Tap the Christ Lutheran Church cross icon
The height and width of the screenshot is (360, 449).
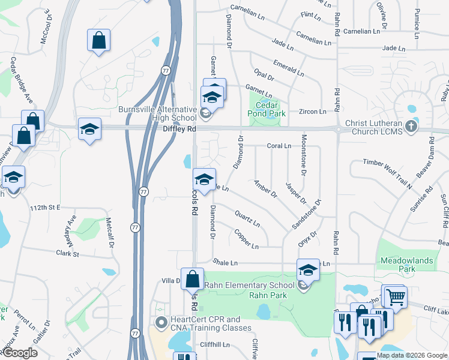(411, 126)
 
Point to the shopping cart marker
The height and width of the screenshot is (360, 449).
(395, 296)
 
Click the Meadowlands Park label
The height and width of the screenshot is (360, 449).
(406, 265)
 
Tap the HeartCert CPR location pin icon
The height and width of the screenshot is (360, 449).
(161, 323)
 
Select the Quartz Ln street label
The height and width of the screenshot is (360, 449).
(247, 219)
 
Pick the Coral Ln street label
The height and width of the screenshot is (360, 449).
(279, 146)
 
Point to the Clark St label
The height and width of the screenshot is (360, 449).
(67, 254)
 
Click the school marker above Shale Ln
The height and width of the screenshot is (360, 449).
(308, 269)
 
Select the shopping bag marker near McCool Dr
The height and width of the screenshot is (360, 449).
(98, 41)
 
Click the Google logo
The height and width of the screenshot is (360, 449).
(20, 353)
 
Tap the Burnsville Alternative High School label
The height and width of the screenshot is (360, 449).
(157, 113)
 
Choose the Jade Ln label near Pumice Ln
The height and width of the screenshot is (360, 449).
(393, 48)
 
